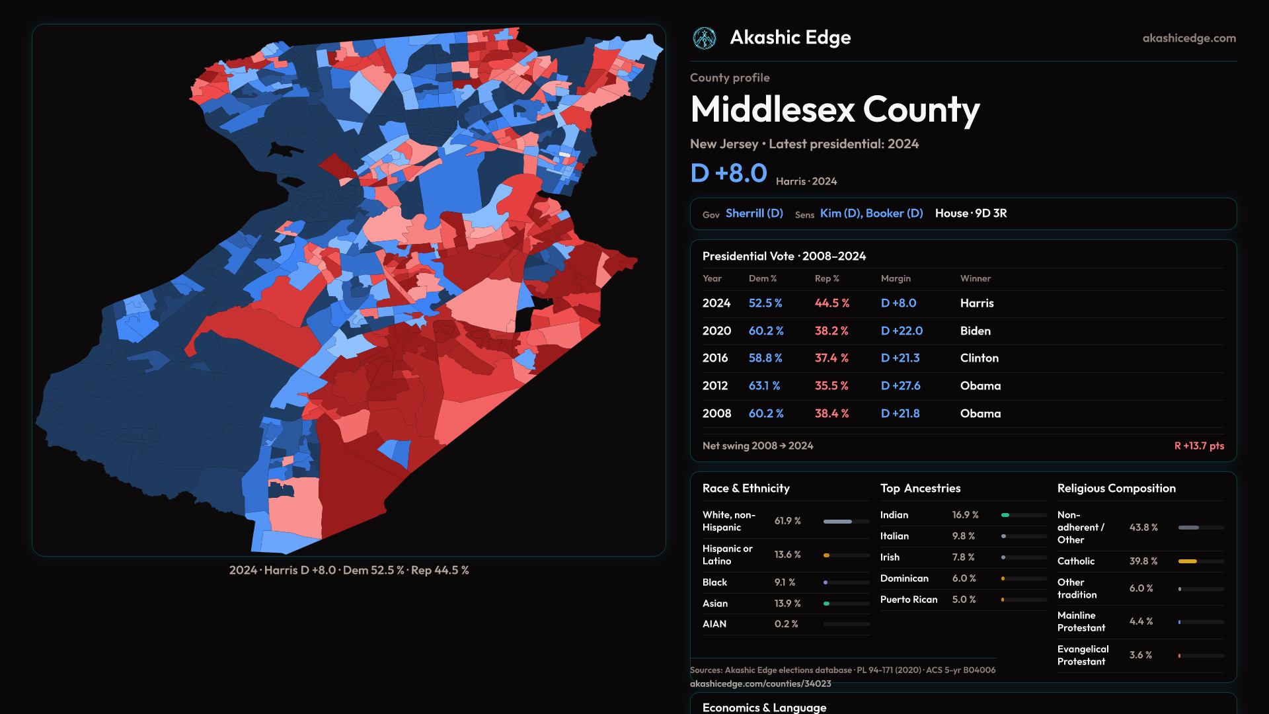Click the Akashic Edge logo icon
(704, 38)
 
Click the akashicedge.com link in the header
(1189, 38)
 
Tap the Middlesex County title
(835, 109)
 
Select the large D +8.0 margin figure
(728, 173)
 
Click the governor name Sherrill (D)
(754, 214)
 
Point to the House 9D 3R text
(971, 214)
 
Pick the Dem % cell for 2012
(764, 386)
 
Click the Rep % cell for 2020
(831, 331)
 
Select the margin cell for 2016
(900, 358)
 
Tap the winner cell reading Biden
(975, 331)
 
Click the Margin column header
(896, 279)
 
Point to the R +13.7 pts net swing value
(1199, 446)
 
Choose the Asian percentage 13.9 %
(787, 604)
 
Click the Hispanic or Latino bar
(846, 555)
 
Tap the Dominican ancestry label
(904, 578)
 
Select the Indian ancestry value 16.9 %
(965, 515)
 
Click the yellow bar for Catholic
(1188, 561)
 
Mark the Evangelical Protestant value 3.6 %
(1140, 655)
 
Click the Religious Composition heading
(1116, 489)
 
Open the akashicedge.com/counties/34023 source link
(760, 684)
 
